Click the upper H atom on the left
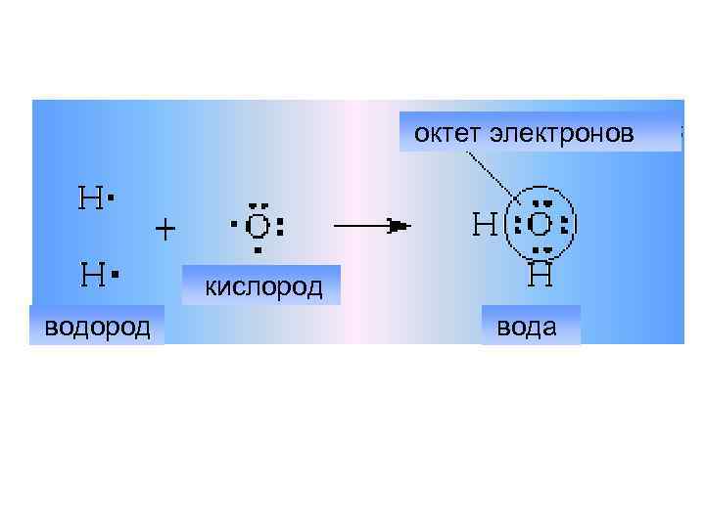[89, 199]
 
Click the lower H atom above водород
[91, 277]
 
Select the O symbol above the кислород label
[257, 227]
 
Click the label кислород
[262, 286]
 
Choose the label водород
[97, 326]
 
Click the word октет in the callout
[447, 133]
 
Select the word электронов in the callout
[562, 133]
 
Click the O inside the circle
[541, 225]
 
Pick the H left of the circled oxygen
[484, 226]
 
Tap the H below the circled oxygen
[541, 276]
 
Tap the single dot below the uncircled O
[257, 250]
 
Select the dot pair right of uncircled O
[281, 227]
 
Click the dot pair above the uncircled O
[258, 205]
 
